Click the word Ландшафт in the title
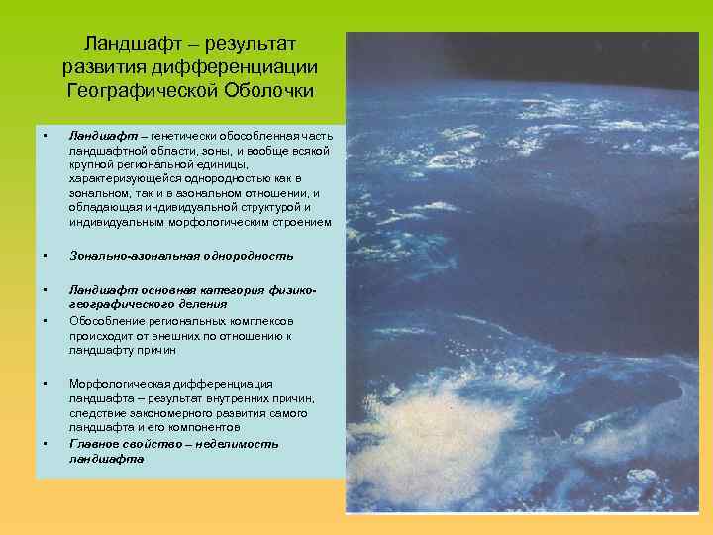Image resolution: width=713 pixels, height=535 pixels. pyautogui.click(x=128, y=45)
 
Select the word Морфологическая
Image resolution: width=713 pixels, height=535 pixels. pyautogui.click(x=119, y=384)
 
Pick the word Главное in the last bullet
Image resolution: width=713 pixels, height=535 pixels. pyautogui.click(x=93, y=444)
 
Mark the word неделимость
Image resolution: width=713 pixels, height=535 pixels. pyautogui.click(x=243, y=444)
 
